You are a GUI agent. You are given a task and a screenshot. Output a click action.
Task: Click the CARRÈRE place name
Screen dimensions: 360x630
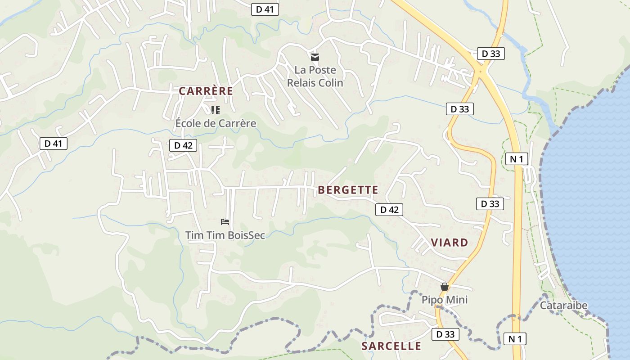tap(206, 91)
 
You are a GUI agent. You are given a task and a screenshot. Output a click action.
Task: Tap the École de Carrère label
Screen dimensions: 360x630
tap(216, 123)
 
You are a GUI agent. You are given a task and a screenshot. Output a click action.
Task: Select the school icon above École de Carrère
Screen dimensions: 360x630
tap(216, 110)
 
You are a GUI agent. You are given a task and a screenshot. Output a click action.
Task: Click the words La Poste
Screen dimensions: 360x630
tap(315, 70)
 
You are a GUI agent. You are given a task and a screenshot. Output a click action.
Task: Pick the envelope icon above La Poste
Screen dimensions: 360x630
tap(315, 57)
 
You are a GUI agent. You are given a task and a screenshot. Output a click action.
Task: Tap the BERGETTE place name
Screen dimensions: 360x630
tap(348, 190)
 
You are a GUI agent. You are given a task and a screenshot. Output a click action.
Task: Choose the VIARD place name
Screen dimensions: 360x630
tap(450, 243)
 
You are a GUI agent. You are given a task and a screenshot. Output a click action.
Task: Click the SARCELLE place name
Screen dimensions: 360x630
tap(391, 346)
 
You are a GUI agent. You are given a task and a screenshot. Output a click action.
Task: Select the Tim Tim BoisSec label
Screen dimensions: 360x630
tap(225, 235)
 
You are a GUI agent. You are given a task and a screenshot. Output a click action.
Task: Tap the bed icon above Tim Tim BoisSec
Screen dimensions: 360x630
tap(225, 221)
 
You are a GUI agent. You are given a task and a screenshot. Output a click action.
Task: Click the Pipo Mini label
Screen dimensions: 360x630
tap(445, 300)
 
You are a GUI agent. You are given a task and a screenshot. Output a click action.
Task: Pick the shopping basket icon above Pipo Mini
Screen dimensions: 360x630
tap(445, 287)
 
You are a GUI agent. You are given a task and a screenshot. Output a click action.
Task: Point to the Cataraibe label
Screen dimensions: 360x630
tap(563, 306)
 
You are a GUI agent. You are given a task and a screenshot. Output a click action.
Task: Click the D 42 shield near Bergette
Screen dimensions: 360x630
tap(389, 210)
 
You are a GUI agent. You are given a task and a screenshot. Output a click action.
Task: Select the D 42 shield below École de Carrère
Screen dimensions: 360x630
tap(183, 145)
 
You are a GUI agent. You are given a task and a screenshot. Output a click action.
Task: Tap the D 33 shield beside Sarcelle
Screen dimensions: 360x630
tap(445, 334)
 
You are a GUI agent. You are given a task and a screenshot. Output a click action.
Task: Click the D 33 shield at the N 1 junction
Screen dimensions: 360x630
tap(490, 54)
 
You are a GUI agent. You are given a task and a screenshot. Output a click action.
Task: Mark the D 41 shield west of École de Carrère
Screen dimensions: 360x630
tap(54, 144)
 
